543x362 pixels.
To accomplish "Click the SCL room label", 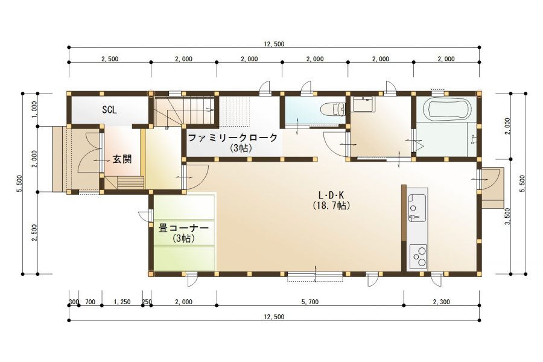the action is tap(109, 110).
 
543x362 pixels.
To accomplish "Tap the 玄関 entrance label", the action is tap(122, 159).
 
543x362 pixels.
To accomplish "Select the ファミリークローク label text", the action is tap(233, 138).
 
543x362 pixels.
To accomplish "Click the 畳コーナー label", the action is tap(183, 228).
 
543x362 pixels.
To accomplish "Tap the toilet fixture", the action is tap(333, 109).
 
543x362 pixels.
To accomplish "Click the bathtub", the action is tap(448, 108).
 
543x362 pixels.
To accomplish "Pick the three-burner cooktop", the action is tap(418, 256).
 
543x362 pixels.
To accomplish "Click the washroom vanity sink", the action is tap(363, 104).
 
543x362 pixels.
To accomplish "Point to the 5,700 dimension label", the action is tap(310, 302).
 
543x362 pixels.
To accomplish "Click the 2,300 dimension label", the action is tap(442, 302).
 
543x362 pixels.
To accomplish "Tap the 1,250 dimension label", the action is tap(122, 302).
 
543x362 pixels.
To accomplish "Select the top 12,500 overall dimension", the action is tap(274, 44).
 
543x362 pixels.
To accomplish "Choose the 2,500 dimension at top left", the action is tap(110, 59).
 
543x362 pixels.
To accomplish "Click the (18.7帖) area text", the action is tap(329, 205).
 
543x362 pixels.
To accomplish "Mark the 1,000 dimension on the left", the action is tap(34, 109).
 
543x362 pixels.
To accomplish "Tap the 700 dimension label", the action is tap(90, 302).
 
